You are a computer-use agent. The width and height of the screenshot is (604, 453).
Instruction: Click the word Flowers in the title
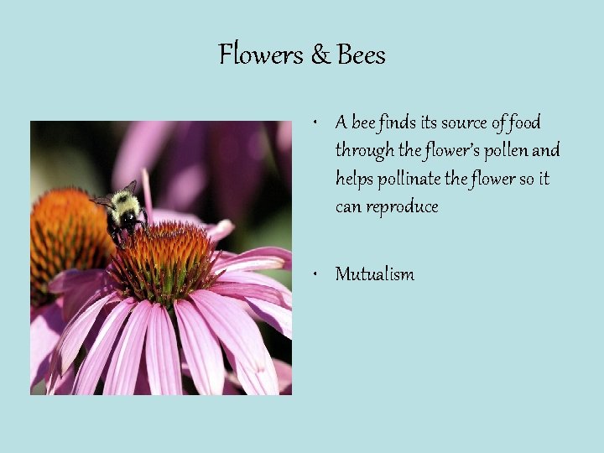pyautogui.click(x=260, y=55)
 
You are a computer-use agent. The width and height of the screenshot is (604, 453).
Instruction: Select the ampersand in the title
pyautogui.click(x=321, y=55)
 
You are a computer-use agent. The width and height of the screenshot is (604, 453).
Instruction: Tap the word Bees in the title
pyautogui.click(x=361, y=55)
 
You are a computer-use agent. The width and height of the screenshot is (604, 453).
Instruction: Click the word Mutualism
pyautogui.click(x=374, y=274)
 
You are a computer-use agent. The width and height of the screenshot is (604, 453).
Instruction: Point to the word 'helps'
pyautogui.click(x=354, y=179)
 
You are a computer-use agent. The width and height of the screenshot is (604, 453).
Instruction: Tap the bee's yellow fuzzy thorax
pyautogui.click(x=124, y=202)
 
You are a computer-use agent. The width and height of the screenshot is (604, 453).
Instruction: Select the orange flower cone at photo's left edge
pyautogui.click(x=59, y=235)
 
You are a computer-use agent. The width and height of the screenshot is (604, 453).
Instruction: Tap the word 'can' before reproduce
pyautogui.click(x=347, y=207)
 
